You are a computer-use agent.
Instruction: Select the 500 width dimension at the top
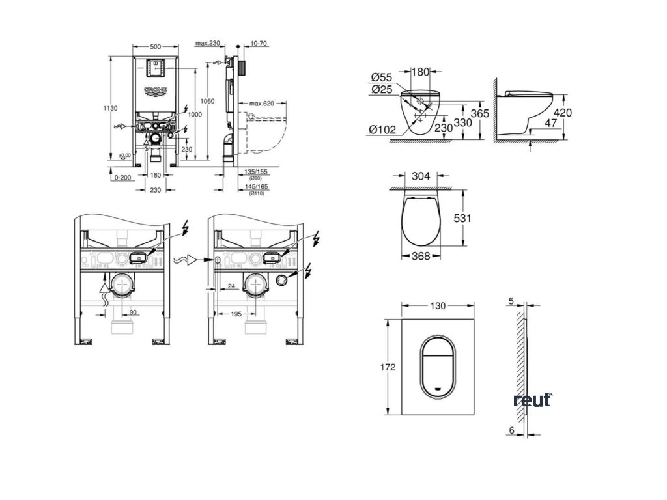155,47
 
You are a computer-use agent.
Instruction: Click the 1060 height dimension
208,100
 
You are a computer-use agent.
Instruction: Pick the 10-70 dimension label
259,44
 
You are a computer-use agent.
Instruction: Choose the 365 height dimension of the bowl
479,113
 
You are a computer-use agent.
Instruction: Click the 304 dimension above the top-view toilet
421,175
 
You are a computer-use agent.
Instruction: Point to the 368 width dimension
421,257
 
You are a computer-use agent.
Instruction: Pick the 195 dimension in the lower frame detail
236,314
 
